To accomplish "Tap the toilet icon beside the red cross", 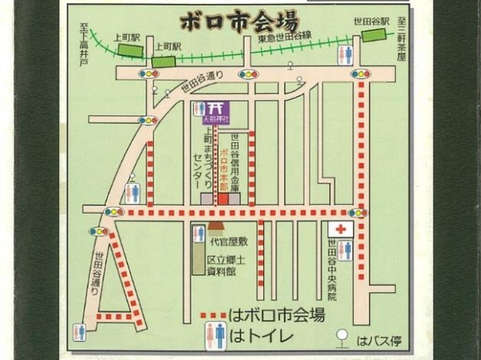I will [x=345, y=249].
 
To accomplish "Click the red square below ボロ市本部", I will [x=222, y=200].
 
